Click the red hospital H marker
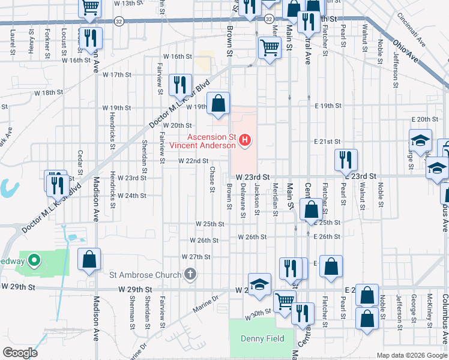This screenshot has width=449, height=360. tap(245, 141)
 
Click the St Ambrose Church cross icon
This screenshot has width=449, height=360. tap(190, 275)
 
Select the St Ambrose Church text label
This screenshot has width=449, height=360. tap(145, 275)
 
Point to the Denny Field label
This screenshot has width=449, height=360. tap(262, 338)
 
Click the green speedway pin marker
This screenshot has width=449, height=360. tap(34, 260)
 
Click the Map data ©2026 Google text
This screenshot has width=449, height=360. tap(411, 355)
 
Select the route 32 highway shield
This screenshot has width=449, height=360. tap(119, 21)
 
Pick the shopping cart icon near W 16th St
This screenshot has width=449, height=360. tap(270, 48)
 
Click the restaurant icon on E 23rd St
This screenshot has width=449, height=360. tap(346, 160)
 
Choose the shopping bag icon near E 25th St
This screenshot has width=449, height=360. tap(312, 210)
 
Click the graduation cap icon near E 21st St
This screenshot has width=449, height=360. tap(421, 140)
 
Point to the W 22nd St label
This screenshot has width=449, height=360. tap(193, 161)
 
